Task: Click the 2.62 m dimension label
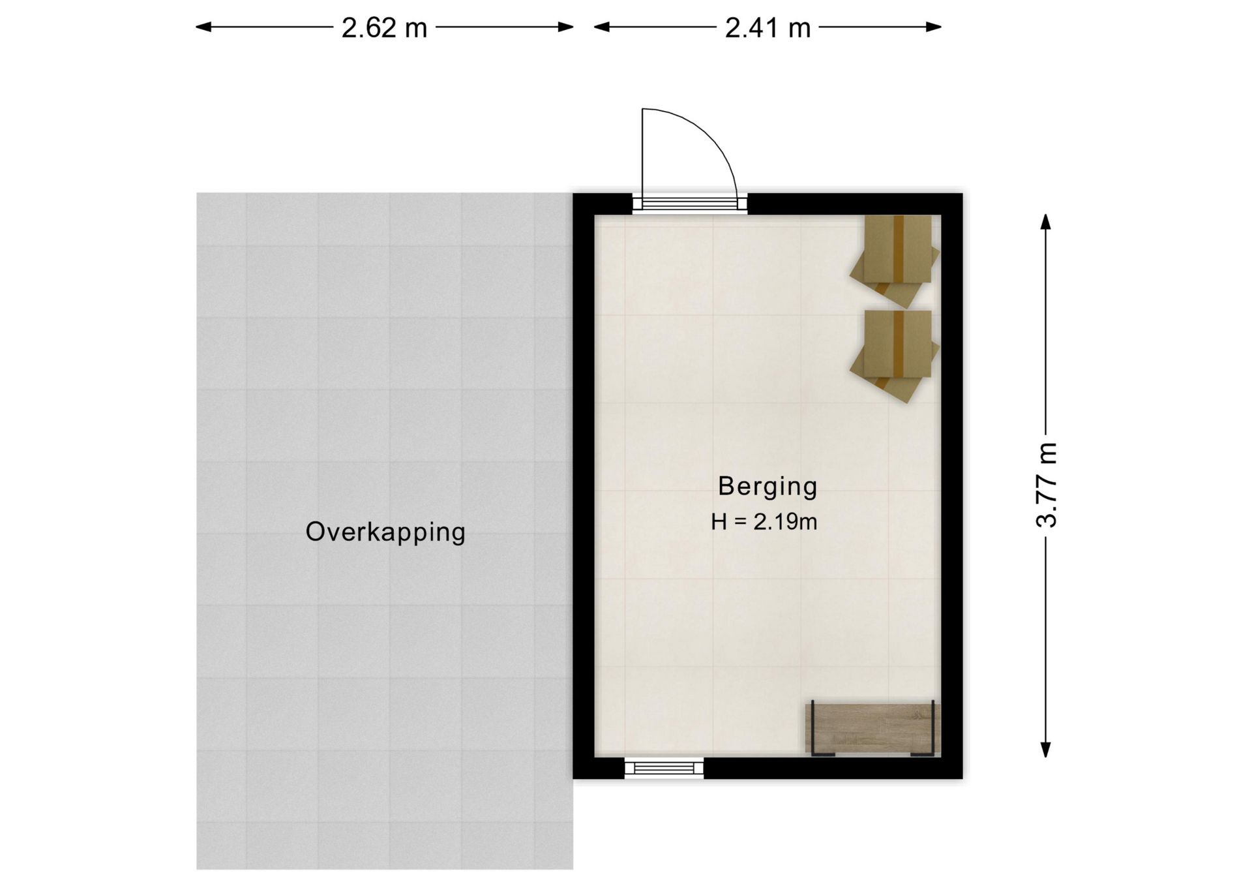click(x=384, y=28)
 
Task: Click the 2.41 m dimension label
click(x=768, y=28)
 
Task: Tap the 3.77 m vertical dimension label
click(x=1046, y=484)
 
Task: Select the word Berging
click(x=768, y=486)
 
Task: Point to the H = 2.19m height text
click(x=764, y=522)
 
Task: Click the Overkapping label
click(x=385, y=532)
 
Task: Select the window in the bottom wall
click(x=664, y=768)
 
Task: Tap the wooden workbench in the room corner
click(x=872, y=729)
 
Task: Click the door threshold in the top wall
click(x=690, y=204)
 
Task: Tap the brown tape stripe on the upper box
click(x=899, y=248)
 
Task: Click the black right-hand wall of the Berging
click(x=952, y=486)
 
